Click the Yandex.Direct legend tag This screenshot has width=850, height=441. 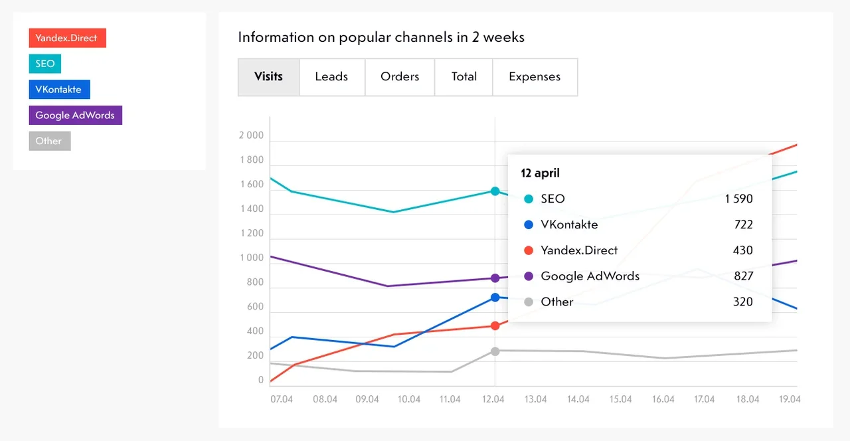[x=67, y=38]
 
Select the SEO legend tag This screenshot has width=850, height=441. [x=45, y=64]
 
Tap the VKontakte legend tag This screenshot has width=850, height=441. [x=59, y=90]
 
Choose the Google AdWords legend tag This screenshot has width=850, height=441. [x=75, y=115]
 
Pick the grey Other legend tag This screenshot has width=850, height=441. [x=49, y=141]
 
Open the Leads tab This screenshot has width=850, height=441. [x=331, y=76]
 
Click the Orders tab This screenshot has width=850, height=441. [x=400, y=76]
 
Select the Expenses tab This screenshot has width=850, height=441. [x=535, y=76]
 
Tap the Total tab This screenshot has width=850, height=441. [x=464, y=76]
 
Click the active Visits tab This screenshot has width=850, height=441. [x=268, y=76]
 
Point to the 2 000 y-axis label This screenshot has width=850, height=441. [x=251, y=135]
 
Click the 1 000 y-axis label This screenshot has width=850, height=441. [x=251, y=258]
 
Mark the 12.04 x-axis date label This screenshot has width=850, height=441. [x=493, y=399]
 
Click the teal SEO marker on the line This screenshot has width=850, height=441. [x=495, y=191]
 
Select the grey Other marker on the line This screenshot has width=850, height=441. [x=495, y=351]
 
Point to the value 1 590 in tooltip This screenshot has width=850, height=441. [x=738, y=199]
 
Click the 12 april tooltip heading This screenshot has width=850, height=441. [x=540, y=173]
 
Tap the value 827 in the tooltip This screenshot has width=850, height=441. [x=743, y=276]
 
